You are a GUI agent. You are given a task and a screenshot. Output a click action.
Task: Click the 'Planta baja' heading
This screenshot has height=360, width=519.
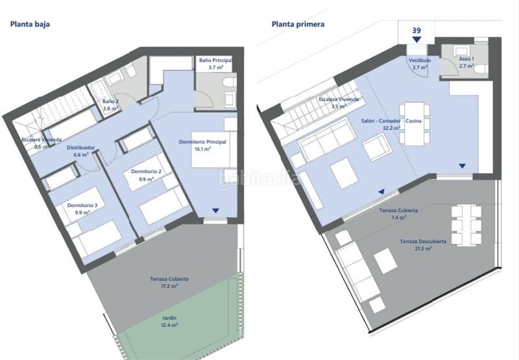29,24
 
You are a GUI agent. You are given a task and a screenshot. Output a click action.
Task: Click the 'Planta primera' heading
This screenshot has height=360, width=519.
298,24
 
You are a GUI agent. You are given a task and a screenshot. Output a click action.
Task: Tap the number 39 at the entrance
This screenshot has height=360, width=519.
416,30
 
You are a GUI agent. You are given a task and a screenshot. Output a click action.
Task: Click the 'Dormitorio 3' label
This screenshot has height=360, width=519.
82,205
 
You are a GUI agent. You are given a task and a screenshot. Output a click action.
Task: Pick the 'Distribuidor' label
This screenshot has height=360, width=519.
81,148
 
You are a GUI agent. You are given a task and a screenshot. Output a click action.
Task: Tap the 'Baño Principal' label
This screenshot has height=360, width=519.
215,60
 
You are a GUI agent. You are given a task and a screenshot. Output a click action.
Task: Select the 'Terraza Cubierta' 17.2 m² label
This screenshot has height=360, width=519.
169,279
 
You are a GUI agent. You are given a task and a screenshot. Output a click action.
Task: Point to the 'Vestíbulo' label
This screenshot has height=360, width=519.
419,60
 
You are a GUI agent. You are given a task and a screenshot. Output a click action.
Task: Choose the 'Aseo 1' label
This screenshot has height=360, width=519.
466,59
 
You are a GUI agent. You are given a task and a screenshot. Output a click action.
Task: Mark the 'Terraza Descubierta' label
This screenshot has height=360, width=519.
423,242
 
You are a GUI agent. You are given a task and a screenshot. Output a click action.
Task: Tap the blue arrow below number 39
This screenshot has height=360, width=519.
416,40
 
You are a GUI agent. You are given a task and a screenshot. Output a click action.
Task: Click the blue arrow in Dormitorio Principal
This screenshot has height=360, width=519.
215,211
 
